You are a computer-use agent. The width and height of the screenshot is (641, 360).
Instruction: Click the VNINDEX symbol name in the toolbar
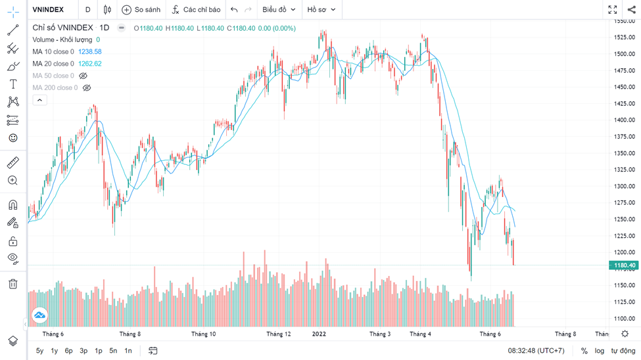pos(48,10)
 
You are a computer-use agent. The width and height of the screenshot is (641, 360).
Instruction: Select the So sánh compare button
pos(141,10)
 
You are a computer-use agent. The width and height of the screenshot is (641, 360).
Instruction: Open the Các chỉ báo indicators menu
pos(196,10)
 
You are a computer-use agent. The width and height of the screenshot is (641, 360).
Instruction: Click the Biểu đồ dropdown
pos(278,10)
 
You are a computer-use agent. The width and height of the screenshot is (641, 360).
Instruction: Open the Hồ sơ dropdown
pos(321,10)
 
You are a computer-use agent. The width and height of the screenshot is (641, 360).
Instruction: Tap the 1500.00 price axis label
pos(623,54)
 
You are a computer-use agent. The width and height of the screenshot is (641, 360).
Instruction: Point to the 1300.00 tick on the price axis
pos(623,186)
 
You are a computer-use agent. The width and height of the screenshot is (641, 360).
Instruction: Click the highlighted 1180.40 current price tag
pos(623,265)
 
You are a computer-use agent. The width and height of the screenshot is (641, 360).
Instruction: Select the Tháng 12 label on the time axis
pos(279,334)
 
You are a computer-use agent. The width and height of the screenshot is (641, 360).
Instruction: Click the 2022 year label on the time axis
pos(319,334)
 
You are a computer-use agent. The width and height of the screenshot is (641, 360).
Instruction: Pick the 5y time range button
pos(40,351)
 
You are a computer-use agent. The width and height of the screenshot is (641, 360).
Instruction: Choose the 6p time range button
pos(68,351)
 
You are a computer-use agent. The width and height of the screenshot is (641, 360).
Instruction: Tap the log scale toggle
pos(600,351)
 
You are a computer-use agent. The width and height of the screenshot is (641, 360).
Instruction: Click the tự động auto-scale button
pos(623,351)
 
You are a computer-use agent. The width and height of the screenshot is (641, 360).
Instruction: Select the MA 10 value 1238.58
pos(89,52)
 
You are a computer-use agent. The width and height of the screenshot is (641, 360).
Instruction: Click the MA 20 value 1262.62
pos(89,64)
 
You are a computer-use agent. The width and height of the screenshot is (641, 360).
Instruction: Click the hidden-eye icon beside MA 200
pos(86,87)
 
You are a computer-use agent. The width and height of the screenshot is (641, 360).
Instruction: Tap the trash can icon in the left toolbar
pos(12,284)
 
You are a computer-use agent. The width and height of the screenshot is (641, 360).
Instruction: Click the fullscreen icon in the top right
pos(613,10)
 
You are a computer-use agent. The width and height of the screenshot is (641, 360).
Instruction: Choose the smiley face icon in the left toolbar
pos(12,138)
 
